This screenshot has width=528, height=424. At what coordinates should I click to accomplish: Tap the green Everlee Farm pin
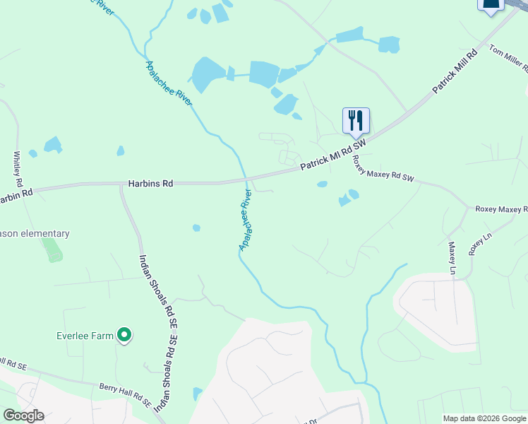click(x=125, y=335)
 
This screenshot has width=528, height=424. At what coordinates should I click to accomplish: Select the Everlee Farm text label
click(x=85, y=336)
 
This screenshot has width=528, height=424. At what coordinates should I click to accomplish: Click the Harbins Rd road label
click(x=150, y=183)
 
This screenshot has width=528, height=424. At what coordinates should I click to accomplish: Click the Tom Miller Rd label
click(x=509, y=60)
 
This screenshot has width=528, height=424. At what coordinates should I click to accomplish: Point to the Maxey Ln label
click(x=452, y=258)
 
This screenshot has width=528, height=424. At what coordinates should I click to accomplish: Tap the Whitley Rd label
click(x=18, y=169)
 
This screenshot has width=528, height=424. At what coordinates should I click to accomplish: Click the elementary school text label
click(x=35, y=233)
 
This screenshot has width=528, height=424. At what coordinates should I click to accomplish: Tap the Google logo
click(x=23, y=415)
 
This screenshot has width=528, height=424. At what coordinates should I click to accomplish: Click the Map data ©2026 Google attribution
click(x=484, y=418)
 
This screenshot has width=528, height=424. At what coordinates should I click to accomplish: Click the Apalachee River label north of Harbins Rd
click(x=169, y=84)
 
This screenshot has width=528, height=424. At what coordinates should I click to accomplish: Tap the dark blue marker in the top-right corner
click(x=491, y=4)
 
